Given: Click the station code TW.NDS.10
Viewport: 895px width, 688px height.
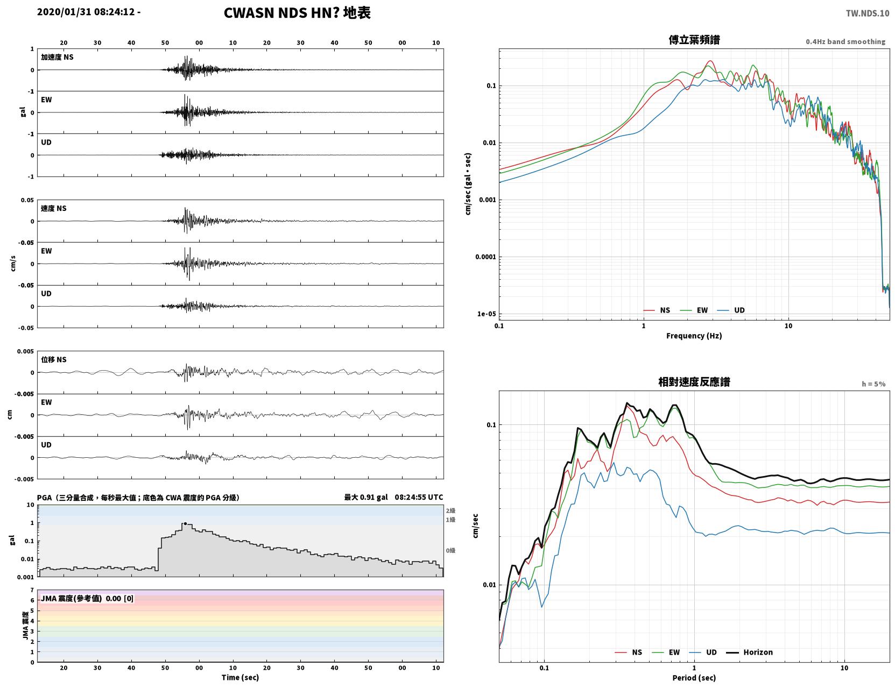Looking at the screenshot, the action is click(867, 13).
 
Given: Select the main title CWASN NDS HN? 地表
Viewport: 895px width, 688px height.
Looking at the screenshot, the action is click(297, 13).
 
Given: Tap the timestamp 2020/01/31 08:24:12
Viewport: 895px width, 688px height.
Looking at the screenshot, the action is click(86, 11).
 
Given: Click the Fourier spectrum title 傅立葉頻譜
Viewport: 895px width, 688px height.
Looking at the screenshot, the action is click(694, 40).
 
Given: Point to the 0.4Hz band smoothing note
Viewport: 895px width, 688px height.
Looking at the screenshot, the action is click(845, 41).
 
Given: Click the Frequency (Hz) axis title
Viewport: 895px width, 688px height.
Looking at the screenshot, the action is click(694, 335).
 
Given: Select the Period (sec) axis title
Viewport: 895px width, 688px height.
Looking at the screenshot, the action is click(694, 677).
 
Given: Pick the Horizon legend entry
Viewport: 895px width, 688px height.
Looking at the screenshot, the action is click(749, 652).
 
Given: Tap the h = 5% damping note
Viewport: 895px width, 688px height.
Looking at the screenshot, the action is click(873, 384).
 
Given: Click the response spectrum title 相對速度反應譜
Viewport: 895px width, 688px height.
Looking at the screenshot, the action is click(694, 382).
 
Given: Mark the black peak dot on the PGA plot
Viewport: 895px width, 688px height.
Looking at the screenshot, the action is click(185, 523).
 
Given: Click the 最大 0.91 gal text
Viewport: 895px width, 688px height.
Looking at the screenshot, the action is click(366, 497).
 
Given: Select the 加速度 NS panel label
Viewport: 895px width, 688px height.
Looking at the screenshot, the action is click(57, 57).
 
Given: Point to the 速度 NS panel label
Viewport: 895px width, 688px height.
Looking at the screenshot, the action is click(53, 208).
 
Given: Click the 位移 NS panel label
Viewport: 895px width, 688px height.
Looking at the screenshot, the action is click(53, 359).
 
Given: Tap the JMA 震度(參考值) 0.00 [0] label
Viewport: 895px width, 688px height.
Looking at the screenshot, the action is click(87, 598).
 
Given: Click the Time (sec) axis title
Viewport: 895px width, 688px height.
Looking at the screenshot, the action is click(240, 677).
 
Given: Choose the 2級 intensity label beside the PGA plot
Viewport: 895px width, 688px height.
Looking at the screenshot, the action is click(450, 510).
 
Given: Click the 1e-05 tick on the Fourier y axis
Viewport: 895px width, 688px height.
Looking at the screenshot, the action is click(487, 314).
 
